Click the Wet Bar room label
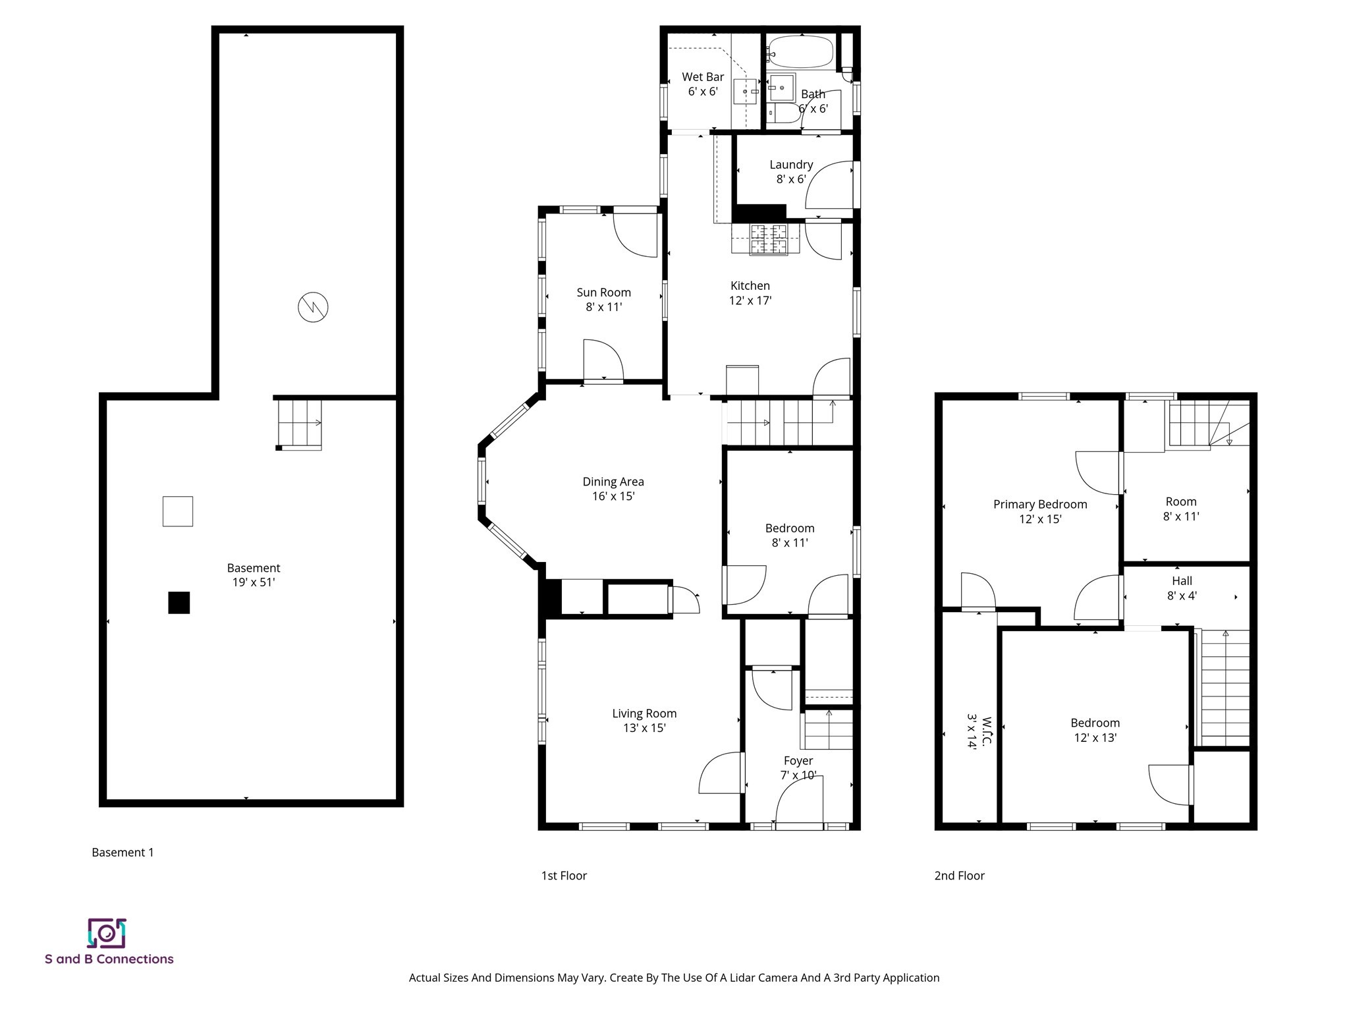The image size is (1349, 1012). point(702,77)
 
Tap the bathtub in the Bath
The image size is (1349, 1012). point(800,51)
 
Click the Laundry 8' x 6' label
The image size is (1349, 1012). point(791,171)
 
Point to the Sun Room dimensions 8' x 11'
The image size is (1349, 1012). point(603,307)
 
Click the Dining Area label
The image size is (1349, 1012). point(613,482)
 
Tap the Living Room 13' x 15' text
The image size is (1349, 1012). point(644,727)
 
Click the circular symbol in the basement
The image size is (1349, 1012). point(313,307)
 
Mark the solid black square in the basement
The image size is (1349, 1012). point(179,603)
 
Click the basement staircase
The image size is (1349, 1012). point(299,424)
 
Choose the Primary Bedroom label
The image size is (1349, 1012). point(1039,505)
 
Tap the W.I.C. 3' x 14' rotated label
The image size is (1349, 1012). point(979,731)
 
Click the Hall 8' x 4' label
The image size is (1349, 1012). point(1181,588)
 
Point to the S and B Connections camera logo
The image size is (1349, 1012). point(107,933)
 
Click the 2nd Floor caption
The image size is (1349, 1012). point(959,876)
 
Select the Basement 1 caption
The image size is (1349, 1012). point(123,853)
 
